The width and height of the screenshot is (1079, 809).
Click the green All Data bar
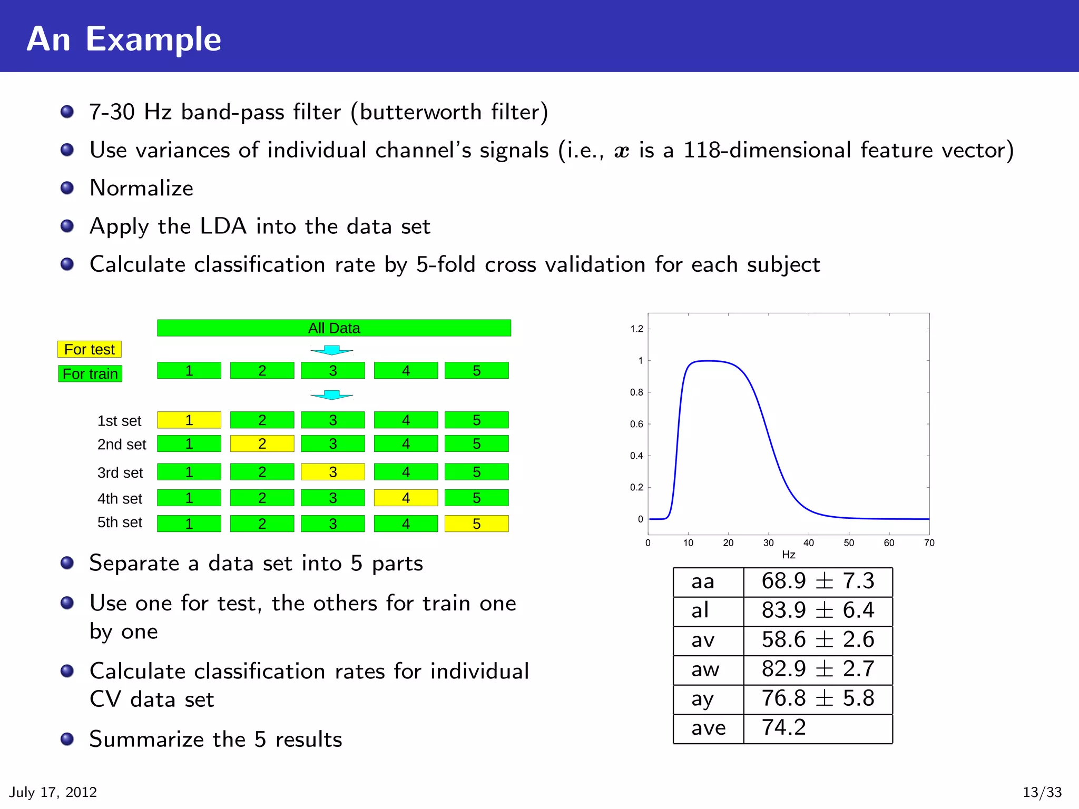(333, 328)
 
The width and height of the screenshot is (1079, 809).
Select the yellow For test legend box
(90, 349)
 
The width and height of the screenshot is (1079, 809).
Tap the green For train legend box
(90, 374)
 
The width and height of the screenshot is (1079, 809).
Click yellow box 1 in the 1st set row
(189, 420)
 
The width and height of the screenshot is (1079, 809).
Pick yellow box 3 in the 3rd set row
(332, 472)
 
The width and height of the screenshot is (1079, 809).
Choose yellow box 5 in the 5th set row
(476, 524)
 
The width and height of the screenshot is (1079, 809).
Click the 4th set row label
(120, 498)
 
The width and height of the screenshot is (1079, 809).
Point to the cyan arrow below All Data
(332, 350)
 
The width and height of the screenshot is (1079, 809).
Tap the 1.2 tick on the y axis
(636, 329)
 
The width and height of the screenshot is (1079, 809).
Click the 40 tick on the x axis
(808, 543)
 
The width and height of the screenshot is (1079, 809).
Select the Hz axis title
(788, 555)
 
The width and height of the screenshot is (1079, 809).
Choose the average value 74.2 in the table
(784, 728)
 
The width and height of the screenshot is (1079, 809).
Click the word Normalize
(141, 188)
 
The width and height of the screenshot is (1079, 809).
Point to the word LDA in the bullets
(223, 226)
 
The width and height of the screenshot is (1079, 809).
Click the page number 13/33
(1042, 792)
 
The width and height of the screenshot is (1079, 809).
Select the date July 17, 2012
(53, 792)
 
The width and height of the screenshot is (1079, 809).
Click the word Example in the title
(153, 40)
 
